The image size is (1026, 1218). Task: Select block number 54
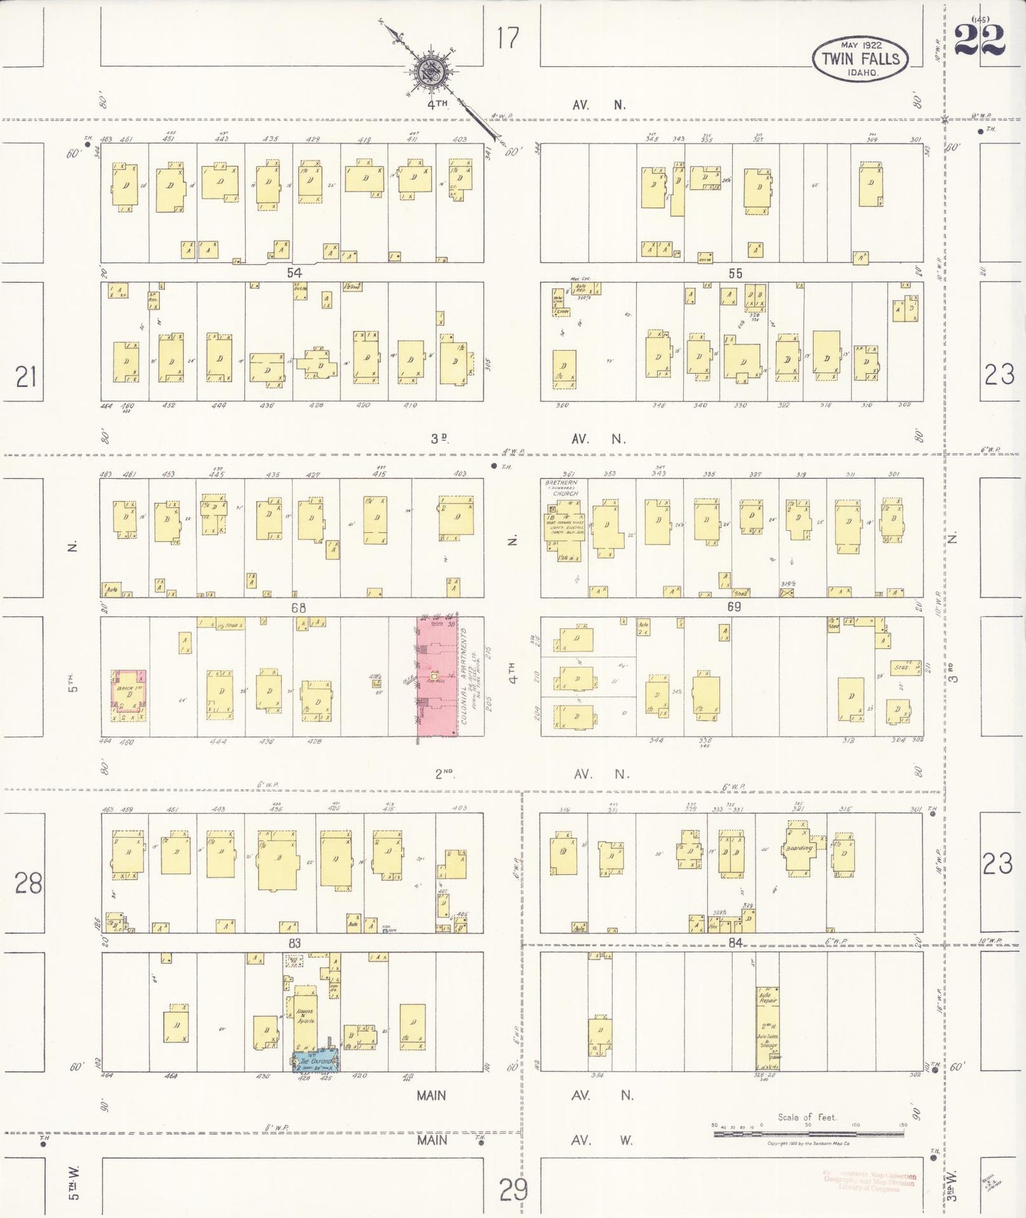coord(295,273)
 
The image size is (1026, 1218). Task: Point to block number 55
coord(735,273)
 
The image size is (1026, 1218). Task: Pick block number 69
coord(734,607)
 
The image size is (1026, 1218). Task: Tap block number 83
coord(295,943)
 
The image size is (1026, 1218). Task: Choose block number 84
coord(735,942)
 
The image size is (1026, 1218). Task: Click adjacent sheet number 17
coord(508,38)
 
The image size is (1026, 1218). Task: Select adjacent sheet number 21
coord(26,377)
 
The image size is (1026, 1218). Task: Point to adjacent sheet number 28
coord(28,883)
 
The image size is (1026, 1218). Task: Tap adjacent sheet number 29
coord(513,1189)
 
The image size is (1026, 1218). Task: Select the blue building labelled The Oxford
coord(316,1062)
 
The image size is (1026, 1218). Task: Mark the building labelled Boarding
coord(799,849)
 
